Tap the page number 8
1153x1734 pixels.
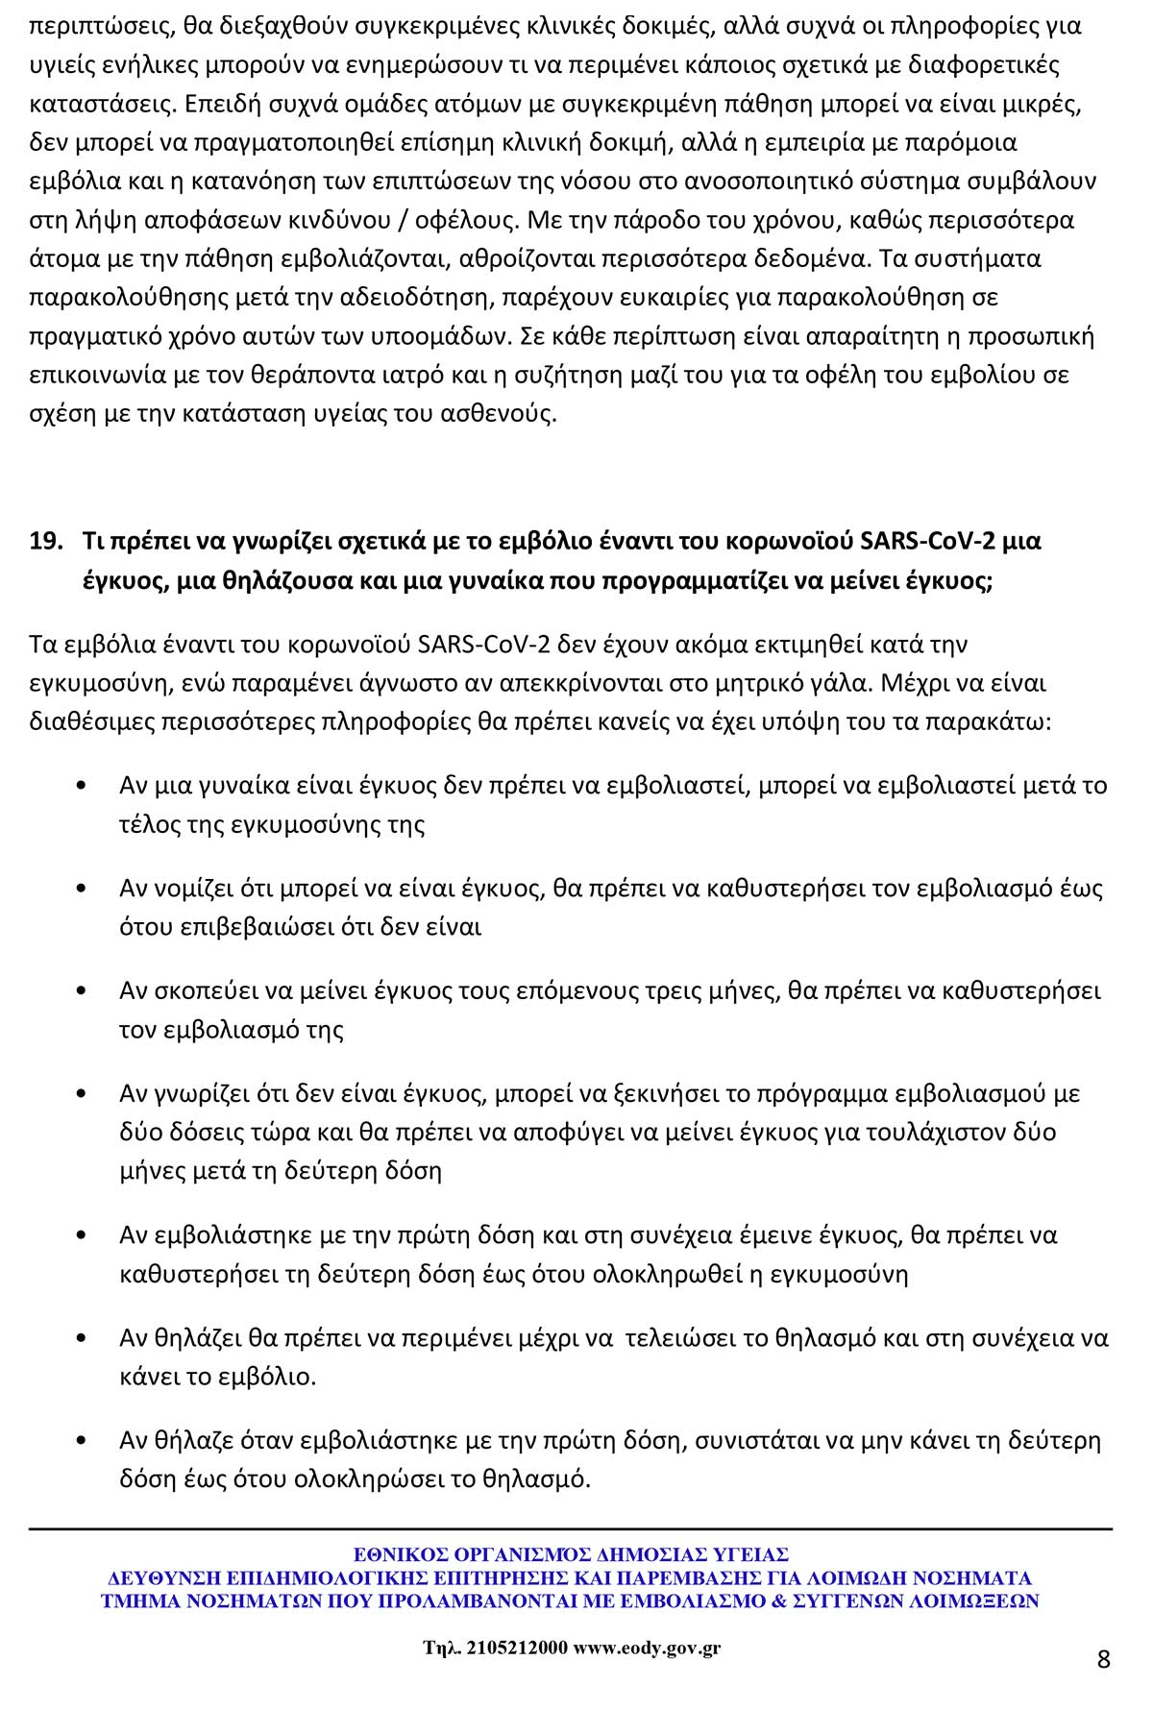coord(1103,1659)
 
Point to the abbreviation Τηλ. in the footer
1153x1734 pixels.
coord(441,1648)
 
